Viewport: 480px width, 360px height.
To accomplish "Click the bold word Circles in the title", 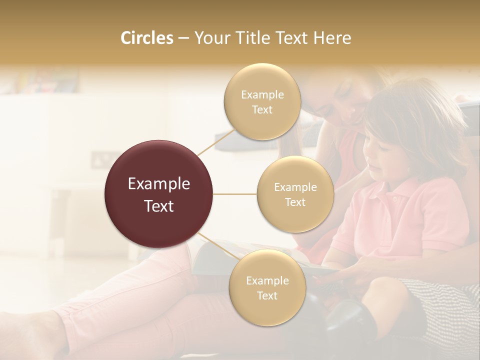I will [x=146, y=38].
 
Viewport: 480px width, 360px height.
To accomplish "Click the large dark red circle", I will [x=158, y=194].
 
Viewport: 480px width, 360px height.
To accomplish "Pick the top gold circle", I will [x=262, y=101].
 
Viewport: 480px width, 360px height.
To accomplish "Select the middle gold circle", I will [x=295, y=194].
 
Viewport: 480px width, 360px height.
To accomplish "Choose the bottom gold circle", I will [x=267, y=287].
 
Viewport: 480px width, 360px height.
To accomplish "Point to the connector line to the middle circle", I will [x=235, y=194].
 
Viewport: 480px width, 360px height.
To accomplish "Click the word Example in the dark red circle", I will [x=158, y=184].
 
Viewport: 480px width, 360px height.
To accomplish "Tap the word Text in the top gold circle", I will [x=262, y=110].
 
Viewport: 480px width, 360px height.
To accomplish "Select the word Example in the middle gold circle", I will [x=295, y=187].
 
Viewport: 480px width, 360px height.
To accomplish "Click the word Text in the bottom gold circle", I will [x=267, y=295].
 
